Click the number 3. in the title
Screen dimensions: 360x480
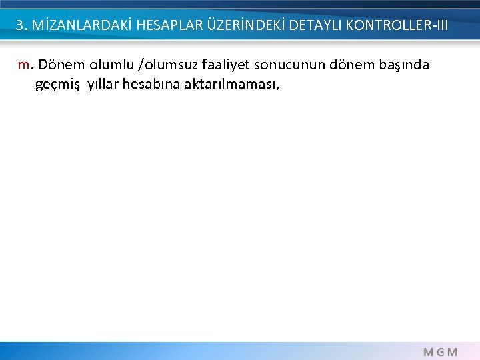click(x=22, y=26)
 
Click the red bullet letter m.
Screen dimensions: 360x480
click(x=25, y=66)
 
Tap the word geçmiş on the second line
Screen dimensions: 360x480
click(x=58, y=85)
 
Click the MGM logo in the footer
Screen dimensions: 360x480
click(x=441, y=351)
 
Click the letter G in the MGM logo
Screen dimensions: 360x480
click(x=441, y=351)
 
